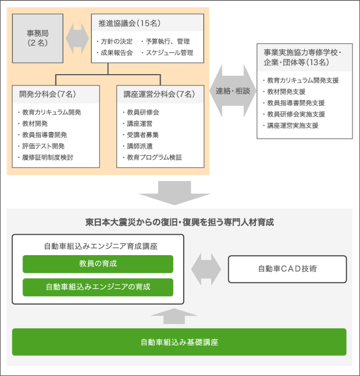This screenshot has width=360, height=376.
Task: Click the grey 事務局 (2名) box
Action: (38, 38)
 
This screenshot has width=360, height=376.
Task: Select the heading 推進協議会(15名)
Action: (129, 23)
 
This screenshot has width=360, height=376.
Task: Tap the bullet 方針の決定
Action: (114, 41)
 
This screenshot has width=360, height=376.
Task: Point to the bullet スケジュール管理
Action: (168, 53)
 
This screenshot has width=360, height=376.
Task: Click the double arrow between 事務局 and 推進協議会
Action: (77, 38)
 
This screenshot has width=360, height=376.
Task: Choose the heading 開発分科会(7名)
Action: (47, 94)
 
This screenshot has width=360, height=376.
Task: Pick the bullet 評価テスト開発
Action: (41, 146)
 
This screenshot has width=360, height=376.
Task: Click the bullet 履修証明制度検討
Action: (46, 157)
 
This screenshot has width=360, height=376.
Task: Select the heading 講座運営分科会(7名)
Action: (159, 94)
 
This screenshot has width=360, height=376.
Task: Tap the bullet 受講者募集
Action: (141, 135)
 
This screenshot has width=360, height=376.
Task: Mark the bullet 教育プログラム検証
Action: (152, 157)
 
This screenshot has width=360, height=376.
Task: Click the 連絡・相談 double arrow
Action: (233, 91)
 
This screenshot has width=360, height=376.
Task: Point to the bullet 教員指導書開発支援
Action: (294, 103)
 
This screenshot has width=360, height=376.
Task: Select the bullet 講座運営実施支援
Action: (291, 125)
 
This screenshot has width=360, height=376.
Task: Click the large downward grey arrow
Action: (175, 193)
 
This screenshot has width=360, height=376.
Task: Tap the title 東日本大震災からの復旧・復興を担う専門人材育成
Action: (179, 222)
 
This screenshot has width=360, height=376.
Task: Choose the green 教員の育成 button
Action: (98, 264)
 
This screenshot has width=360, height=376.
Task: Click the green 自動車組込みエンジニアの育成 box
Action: (98, 287)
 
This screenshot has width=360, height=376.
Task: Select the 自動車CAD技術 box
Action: (287, 269)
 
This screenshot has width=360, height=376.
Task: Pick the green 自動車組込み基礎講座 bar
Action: (179, 342)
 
